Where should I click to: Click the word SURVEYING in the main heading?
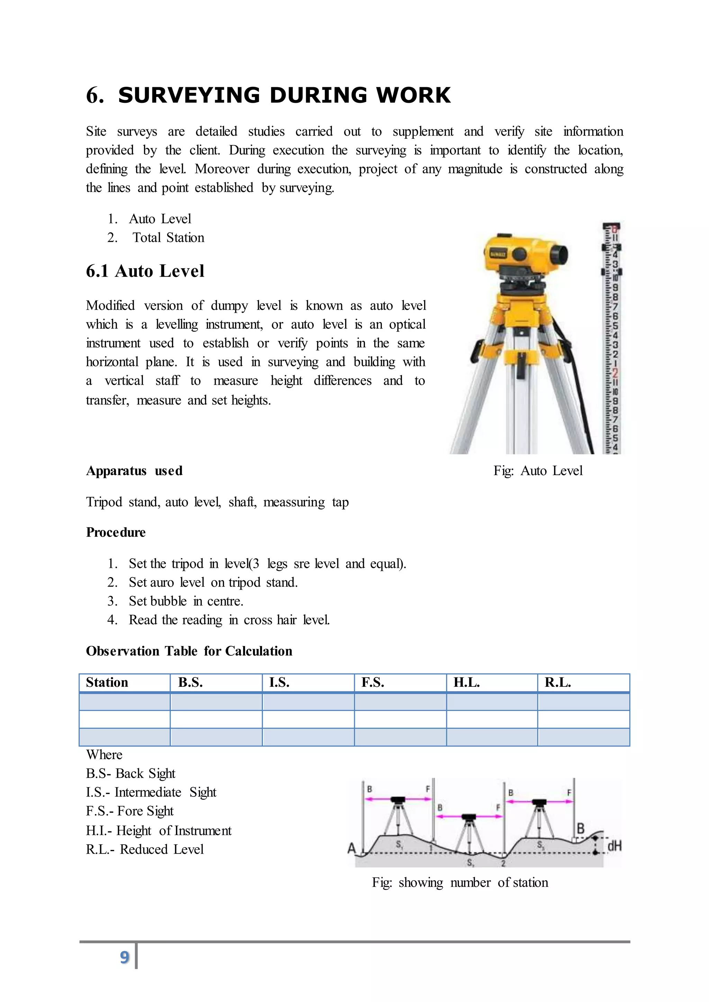point(189,95)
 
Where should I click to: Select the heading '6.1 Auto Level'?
point(145,271)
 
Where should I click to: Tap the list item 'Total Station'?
point(168,237)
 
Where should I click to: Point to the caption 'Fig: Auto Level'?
point(538,471)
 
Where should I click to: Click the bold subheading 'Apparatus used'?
point(134,471)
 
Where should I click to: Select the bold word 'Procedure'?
point(116,532)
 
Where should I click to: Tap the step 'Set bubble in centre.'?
point(186,601)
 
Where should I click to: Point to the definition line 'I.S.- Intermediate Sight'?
point(151,792)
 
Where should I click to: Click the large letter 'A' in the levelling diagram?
point(352,848)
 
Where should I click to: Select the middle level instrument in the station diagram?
point(469,817)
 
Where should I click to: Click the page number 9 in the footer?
point(124,957)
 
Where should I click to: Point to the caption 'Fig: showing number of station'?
point(460,882)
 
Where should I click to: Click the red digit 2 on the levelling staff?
point(615,373)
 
